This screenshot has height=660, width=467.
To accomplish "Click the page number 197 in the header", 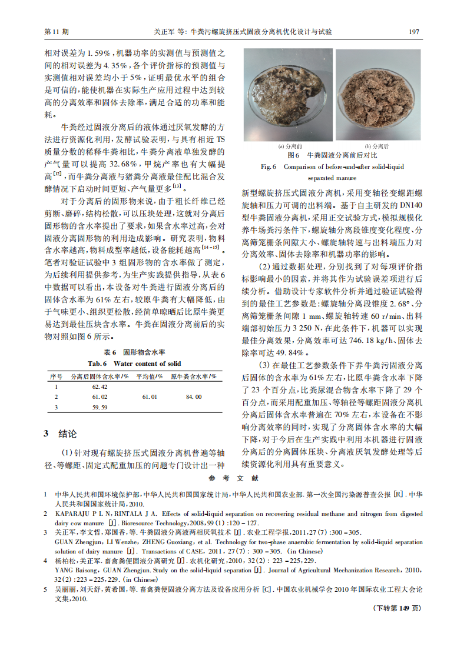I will tap(413, 31).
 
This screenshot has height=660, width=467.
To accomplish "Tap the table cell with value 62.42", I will tap(100, 386).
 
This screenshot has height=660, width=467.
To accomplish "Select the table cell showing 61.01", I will tap(150, 397).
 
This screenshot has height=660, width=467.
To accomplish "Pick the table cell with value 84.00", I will tap(194, 397).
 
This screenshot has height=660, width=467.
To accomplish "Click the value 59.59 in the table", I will tap(100, 407).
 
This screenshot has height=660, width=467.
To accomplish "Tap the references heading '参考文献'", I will tap(233, 479).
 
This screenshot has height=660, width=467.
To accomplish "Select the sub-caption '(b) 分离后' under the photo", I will tap(377, 146).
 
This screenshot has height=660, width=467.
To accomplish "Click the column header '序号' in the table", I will tap(56, 376).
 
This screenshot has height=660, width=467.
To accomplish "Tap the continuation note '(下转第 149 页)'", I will tap(398, 608).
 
